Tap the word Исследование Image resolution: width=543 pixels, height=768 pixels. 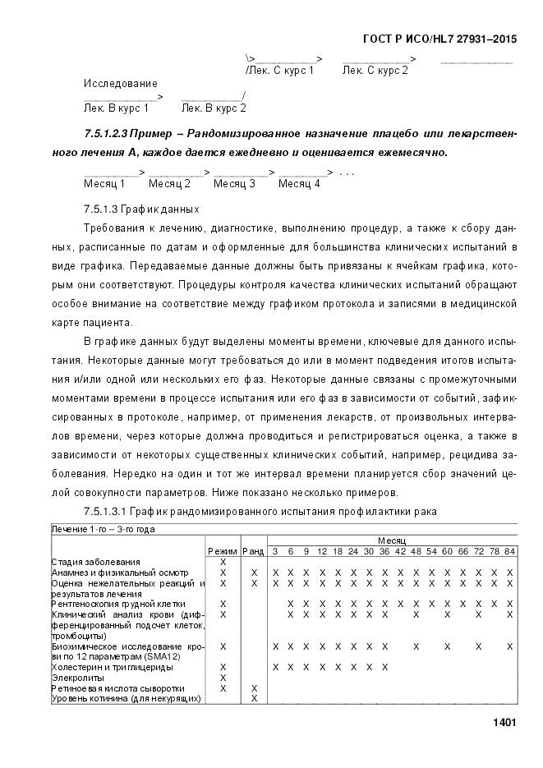click(x=120, y=84)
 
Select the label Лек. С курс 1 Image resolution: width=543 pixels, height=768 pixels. click(x=280, y=71)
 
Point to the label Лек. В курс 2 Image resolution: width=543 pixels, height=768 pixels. click(x=214, y=108)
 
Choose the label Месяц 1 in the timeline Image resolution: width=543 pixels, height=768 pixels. click(x=104, y=183)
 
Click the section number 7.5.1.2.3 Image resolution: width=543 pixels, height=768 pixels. click(x=110, y=134)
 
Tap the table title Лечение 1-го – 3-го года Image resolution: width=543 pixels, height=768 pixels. click(x=104, y=529)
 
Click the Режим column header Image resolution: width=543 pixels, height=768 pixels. click(x=223, y=550)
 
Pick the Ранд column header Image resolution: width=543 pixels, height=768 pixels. click(x=253, y=550)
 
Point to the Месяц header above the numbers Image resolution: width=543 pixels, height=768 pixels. click(x=391, y=540)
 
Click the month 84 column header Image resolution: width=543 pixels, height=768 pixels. click(x=509, y=550)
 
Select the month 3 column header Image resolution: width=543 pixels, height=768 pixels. click(x=275, y=550)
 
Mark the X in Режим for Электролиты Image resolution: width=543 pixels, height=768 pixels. click(x=223, y=678)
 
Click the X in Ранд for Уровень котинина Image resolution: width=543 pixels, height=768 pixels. click(x=253, y=698)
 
